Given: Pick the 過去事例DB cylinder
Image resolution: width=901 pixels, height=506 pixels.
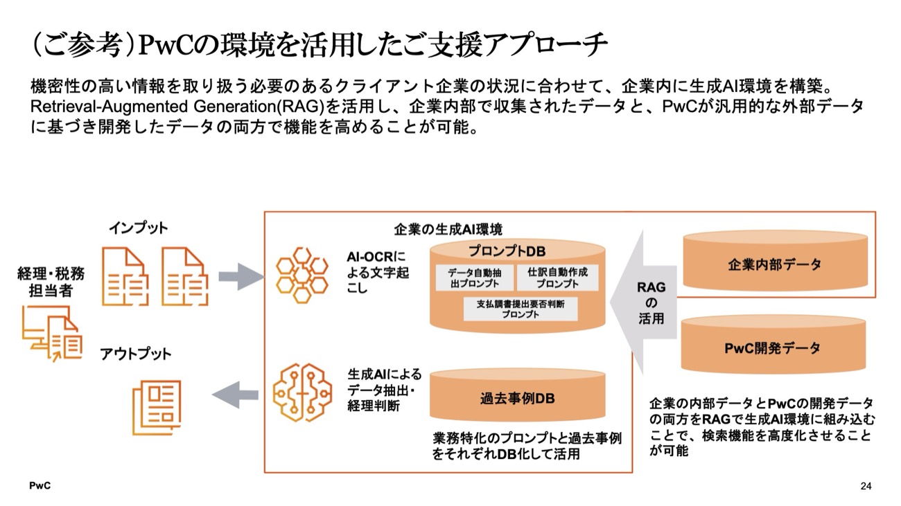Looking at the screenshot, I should point(517,399).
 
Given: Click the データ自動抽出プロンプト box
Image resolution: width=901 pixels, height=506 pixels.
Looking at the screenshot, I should point(475,278).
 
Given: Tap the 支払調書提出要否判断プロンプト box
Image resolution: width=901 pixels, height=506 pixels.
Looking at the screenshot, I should point(521,309).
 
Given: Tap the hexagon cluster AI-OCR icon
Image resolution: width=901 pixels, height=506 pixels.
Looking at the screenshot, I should point(302,275).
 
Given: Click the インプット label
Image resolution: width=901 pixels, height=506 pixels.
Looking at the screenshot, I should point(138,228).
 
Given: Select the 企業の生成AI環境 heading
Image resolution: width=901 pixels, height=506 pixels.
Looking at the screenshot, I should point(448,229).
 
